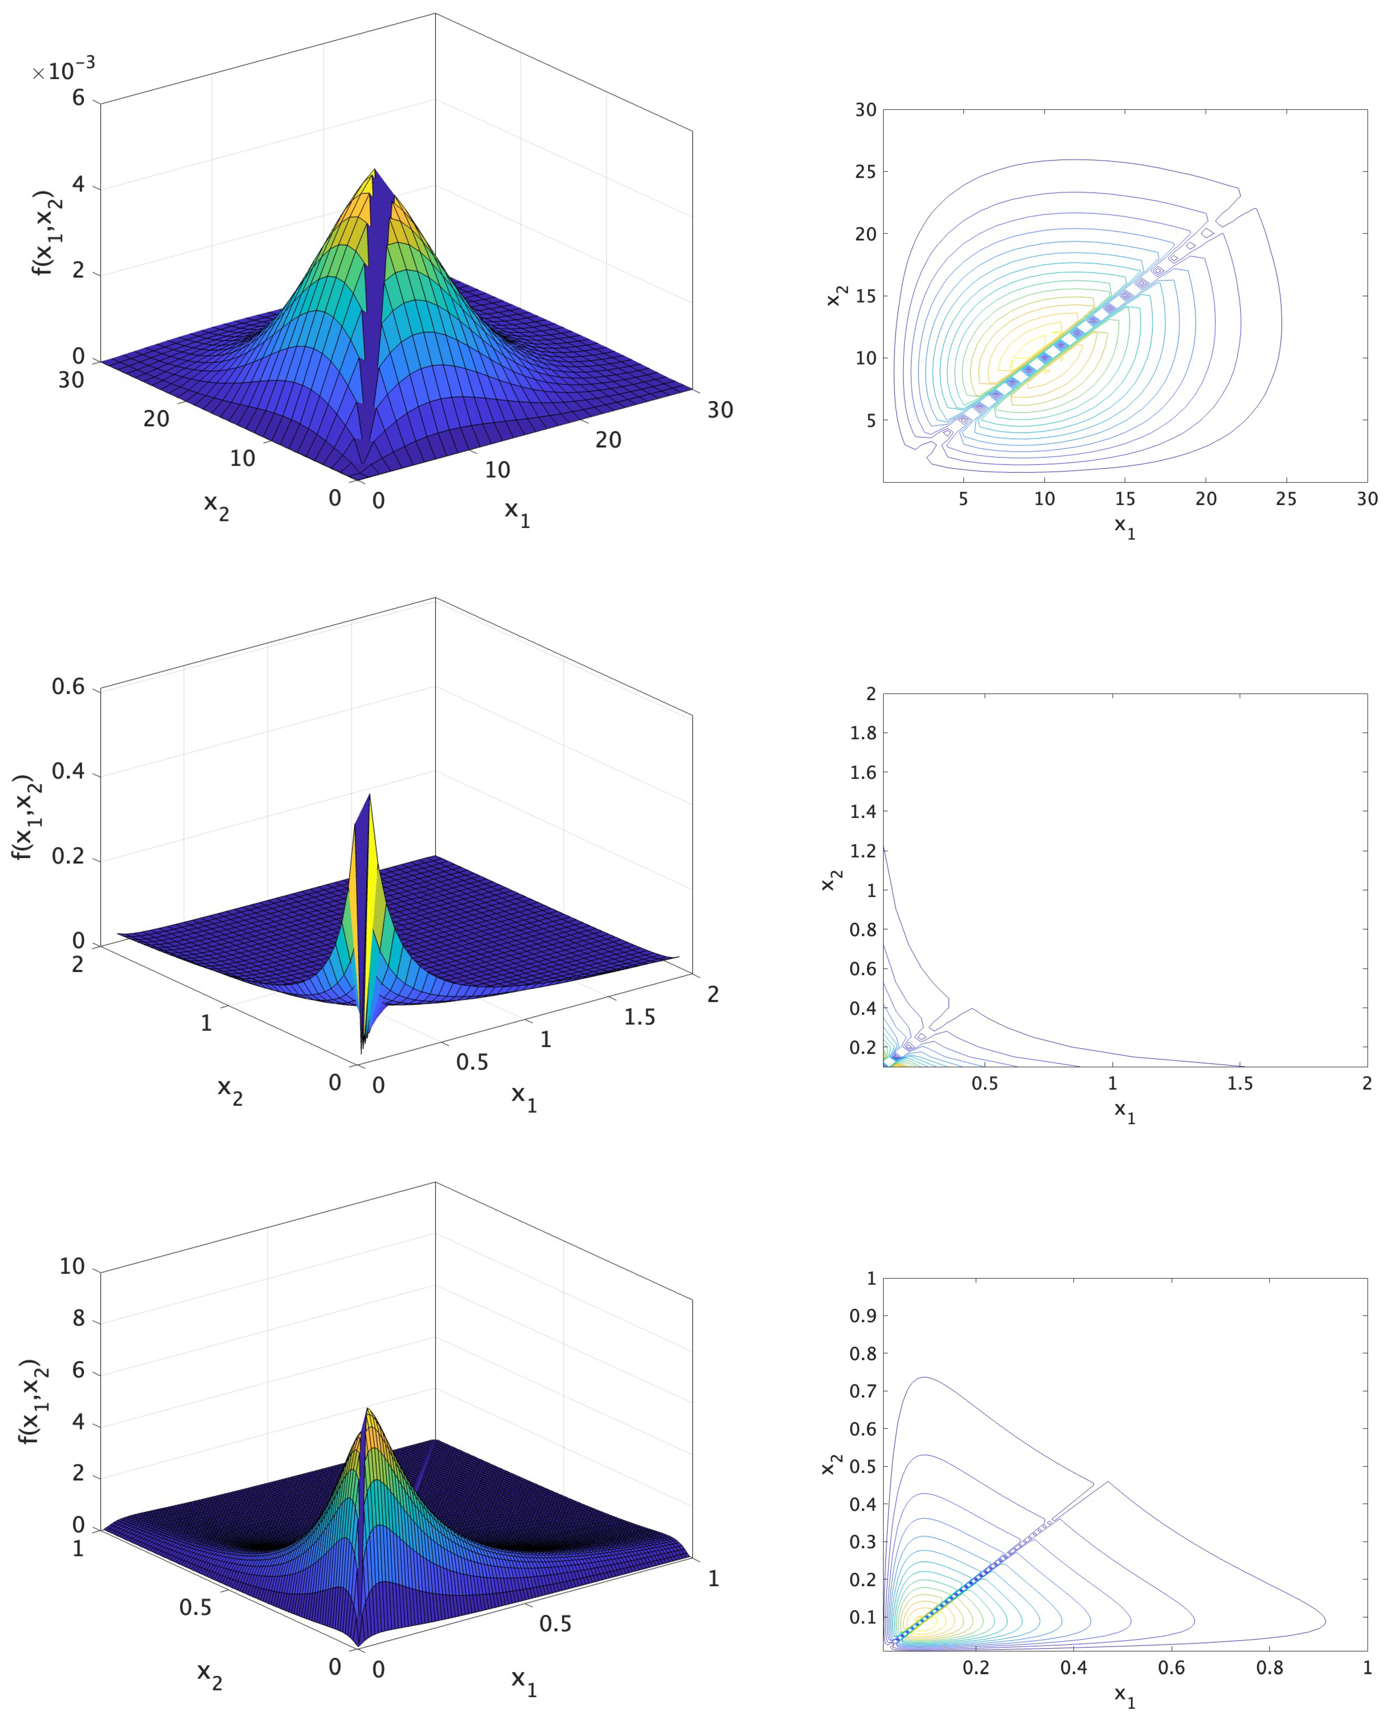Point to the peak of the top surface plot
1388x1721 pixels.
374,170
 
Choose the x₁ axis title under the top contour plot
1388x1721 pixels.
1124,527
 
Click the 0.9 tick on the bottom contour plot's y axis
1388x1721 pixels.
863,1315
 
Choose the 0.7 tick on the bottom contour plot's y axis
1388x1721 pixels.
863,1391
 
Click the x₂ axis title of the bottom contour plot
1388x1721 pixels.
832,1464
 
